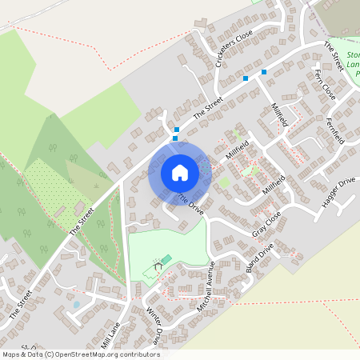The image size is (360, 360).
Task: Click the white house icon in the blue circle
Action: click(179, 172)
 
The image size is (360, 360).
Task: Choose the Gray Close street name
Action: click(267, 224)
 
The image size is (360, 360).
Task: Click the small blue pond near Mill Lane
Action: click(77, 305)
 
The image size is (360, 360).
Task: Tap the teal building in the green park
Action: click(166, 258)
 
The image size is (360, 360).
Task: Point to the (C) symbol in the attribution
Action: click(49, 354)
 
